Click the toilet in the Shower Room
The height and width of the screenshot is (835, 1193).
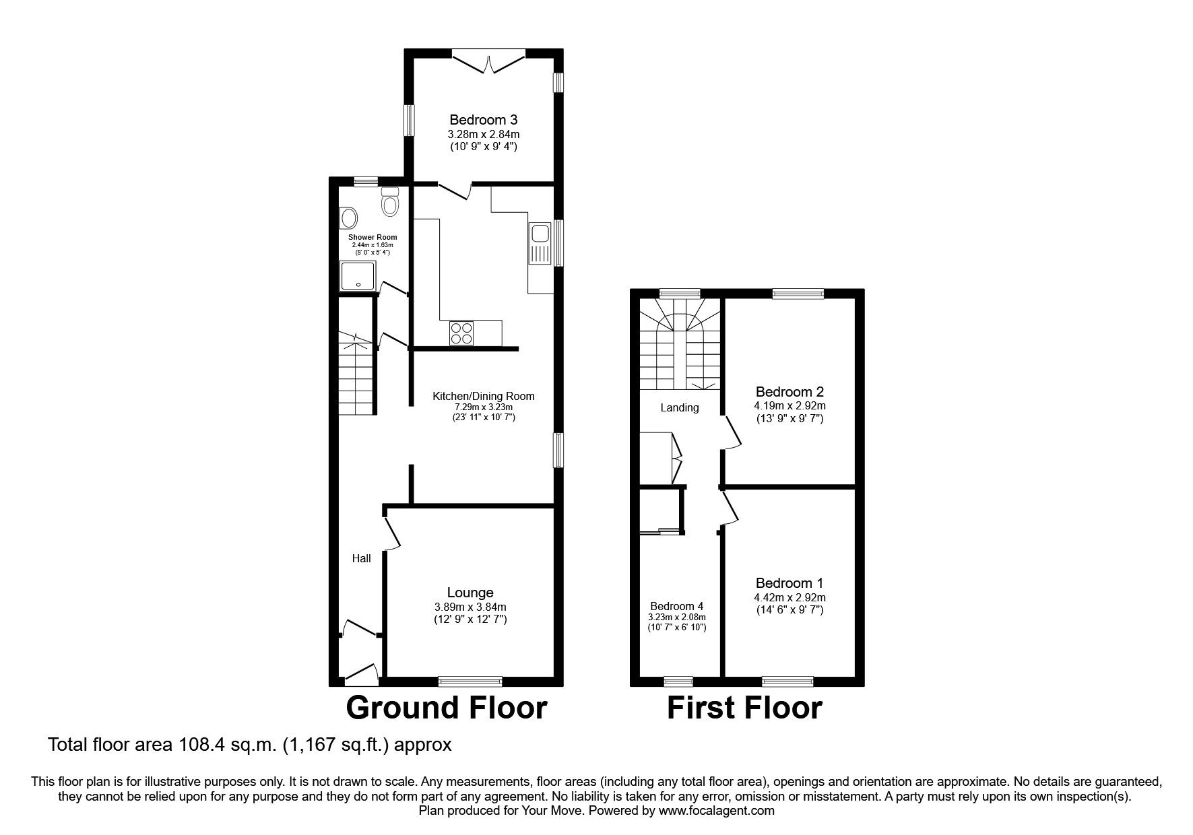click(x=391, y=201)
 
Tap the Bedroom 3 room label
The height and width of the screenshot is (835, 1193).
click(x=483, y=120)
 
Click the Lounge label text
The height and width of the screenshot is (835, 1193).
click(x=470, y=593)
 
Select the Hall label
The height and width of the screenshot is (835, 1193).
click(x=362, y=558)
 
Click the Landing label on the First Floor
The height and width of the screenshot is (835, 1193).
click(x=679, y=407)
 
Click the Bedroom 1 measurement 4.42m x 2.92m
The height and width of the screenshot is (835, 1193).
click(x=789, y=597)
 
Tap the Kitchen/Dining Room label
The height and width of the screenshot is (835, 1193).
click(x=483, y=396)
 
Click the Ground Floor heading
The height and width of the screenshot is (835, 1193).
click(x=446, y=708)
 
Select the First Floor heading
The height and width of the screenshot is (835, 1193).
click(x=744, y=708)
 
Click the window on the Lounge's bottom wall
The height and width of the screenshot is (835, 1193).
click(x=470, y=681)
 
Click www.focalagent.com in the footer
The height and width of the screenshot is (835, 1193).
click(x=716, y=811)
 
